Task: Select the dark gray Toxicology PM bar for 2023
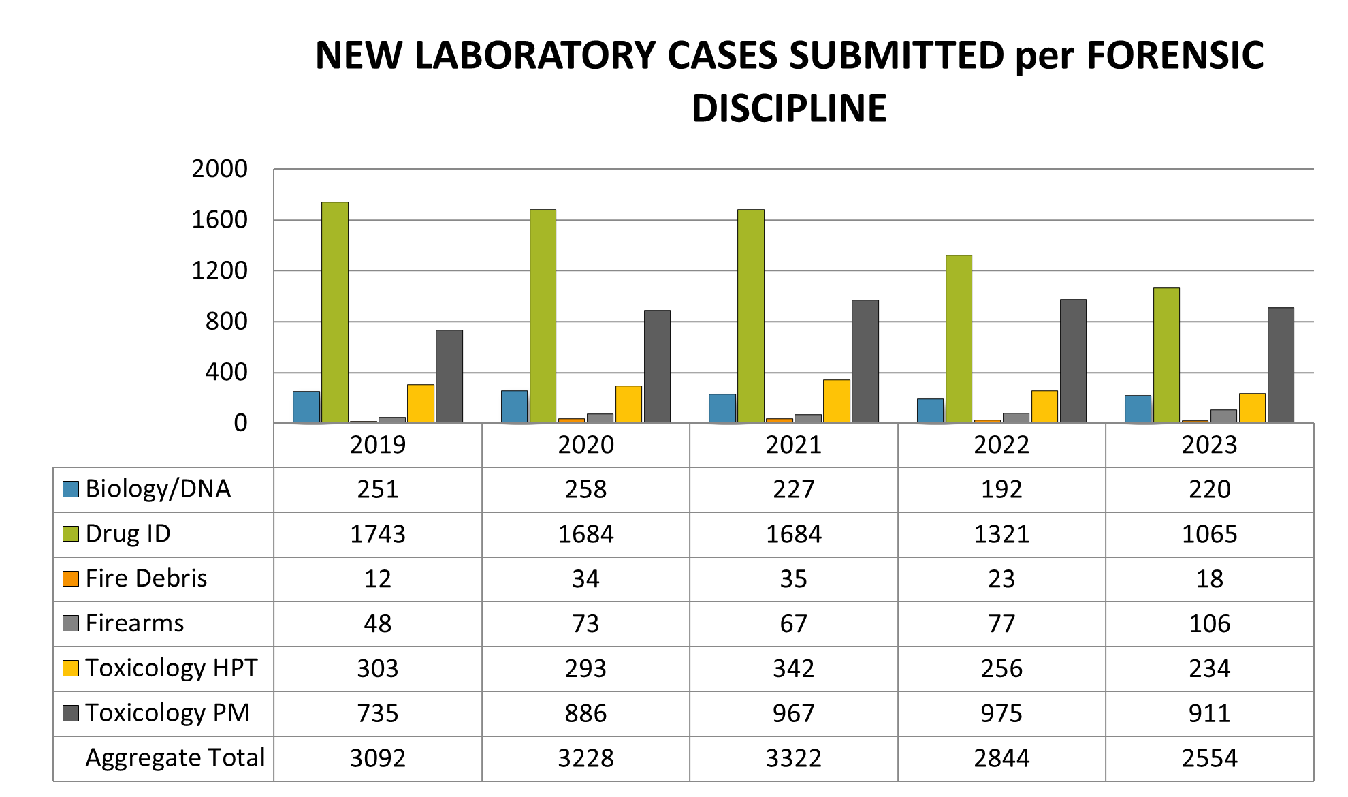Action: tap(1281, 365)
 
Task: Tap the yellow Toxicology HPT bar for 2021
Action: tap(836, 401)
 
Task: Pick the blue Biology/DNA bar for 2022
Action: tap(930, 411)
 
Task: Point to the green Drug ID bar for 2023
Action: tap(1166, 355)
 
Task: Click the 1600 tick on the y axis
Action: tap(219, 220)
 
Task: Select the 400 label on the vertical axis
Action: tap(226, 373)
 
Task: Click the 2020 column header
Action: tap(585, 445)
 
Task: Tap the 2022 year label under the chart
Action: tap(1001, 445)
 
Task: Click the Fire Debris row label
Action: tap(146, 578)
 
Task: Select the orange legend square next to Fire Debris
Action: tap(71, 579)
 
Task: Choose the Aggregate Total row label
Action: tap(174, 757)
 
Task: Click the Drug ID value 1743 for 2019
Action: tap(377, 534)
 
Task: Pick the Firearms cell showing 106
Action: tap(1209, 623)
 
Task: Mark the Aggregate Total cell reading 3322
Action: tap(793, 758)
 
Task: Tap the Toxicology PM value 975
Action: tap(1001, 713)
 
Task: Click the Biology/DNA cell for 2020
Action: tap(585, 489)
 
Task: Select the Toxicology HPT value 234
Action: tap(1209, 668)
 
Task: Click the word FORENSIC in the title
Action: tap(1174, 55)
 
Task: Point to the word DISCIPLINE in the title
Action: tap(789, 108)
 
